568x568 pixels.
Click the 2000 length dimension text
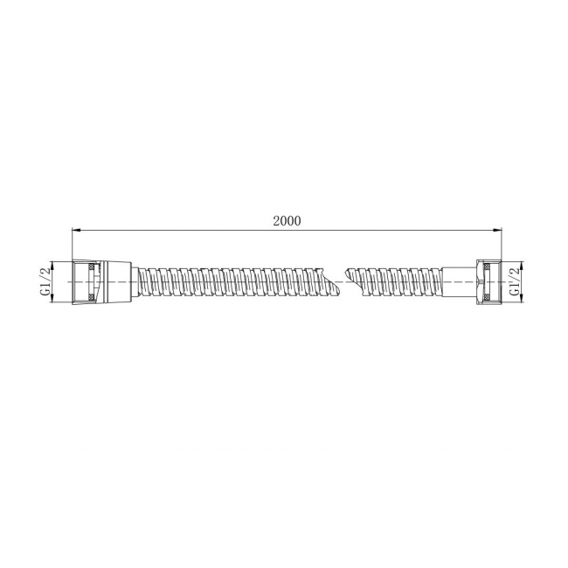tap(287, 220)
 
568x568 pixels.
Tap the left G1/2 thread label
tap(45, 282)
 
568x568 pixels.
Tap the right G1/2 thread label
tap(515, 282)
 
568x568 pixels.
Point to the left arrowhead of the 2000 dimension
tap(76, 230)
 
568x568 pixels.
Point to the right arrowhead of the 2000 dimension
tap(497, 230)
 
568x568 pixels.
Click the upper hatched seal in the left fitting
tap(92, 267)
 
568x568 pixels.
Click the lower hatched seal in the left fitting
tap(92, 297)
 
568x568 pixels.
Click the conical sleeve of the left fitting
tap(119, 282)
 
